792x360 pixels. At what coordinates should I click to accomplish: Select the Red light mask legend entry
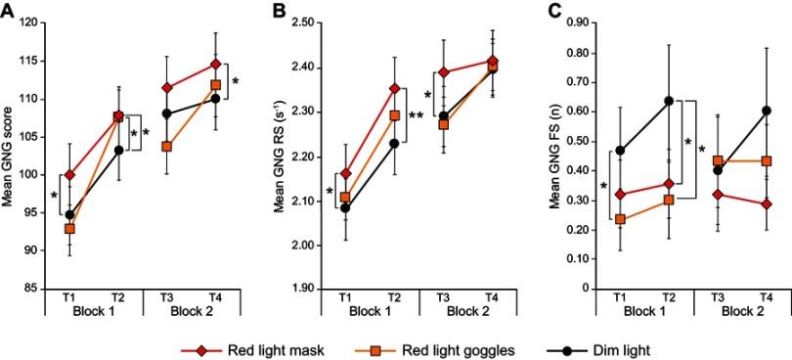click(247, 348)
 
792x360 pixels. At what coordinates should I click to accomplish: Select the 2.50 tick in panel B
click(303, 22)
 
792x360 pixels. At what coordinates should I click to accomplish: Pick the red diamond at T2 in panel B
click(394, 89)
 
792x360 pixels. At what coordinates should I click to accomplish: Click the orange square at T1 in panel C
click(621, 219)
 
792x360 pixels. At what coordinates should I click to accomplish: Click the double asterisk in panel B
click(416, 116)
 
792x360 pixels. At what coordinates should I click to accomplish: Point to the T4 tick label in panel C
click(765, 297)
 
